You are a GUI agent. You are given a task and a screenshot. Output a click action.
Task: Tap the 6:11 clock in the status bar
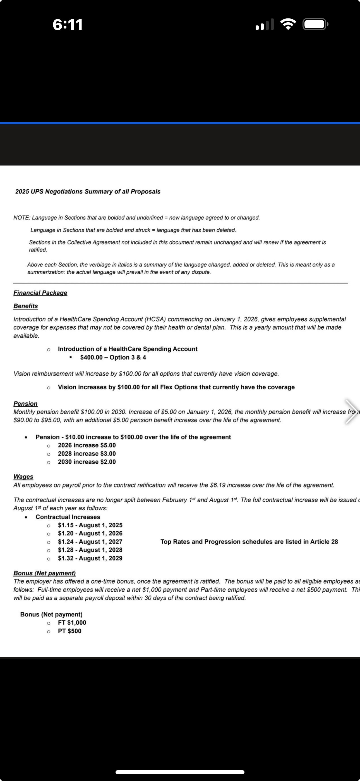[68, 25]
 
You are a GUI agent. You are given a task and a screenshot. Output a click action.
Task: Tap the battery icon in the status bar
[315, 24]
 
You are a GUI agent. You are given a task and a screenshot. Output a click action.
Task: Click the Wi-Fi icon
[288, 24]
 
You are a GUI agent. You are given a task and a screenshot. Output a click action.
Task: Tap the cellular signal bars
[265, 25]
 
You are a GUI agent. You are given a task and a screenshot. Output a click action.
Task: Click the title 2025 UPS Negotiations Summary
[88, 192]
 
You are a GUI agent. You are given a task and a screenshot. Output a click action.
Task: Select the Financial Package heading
[40, 293]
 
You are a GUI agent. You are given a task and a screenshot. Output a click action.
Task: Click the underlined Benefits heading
[26, 306]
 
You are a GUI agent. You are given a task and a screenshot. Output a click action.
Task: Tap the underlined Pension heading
[25, 404]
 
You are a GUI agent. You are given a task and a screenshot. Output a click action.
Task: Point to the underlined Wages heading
[23, 477]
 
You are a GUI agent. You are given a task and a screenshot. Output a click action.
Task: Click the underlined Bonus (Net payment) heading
[45, 573]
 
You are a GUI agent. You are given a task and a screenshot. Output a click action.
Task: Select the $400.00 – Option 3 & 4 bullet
[113, 358]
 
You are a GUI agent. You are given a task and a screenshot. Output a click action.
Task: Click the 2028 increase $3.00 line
[87, 454]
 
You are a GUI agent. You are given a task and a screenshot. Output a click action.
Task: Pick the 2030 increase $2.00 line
[87, 462]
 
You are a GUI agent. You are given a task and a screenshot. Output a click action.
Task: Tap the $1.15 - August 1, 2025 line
[90, 525]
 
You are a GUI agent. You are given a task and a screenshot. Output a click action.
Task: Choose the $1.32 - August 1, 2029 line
[90, 558]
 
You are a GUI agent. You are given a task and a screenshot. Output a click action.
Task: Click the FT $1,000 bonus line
[72, 622]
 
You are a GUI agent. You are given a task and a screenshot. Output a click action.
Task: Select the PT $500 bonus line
[70, 631]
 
